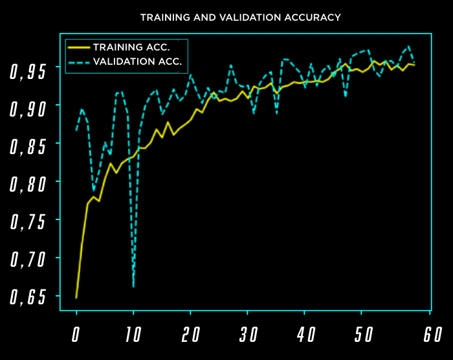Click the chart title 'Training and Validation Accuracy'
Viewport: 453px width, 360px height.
(x=240, y=17)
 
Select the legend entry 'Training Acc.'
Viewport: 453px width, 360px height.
(x=131, y=47)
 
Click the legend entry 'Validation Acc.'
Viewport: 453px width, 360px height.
(x=137, y=63)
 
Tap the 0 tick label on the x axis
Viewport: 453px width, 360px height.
(x=76, y=335)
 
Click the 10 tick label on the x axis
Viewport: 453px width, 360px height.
(x=133, y=335)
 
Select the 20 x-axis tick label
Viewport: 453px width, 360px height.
(x=190, y=335)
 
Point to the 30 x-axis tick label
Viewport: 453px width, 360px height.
(x=248, y=335)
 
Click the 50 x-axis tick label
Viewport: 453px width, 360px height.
(x=364, y=335)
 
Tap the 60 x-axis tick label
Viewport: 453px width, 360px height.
(x=421, y=335)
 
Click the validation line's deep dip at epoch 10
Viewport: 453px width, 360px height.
(x=133, y=286)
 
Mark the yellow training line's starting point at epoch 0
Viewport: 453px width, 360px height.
(x=76, y=298)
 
